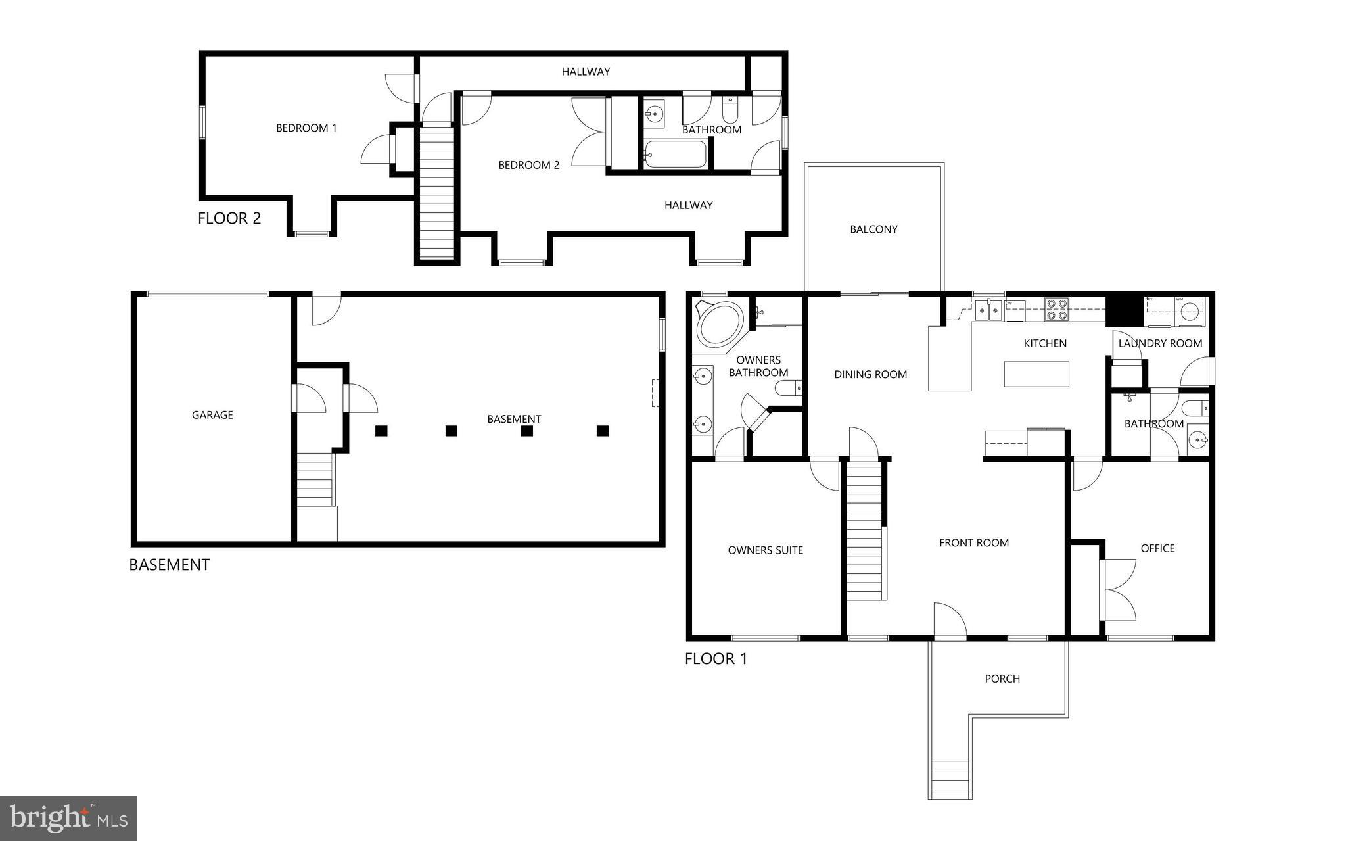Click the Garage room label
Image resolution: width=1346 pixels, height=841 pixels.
pos(212,415)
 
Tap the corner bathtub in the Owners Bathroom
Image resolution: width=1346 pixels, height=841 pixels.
pos(719,324)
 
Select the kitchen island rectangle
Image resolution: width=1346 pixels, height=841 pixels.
pos(1036,374)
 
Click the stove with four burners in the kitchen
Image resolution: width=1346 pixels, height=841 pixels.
pos(1057,309)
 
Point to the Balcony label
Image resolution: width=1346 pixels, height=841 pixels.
pos(873,229)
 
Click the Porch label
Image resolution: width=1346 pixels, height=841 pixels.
pos(1002,679)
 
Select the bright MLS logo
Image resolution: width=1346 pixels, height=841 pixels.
pos(68,819)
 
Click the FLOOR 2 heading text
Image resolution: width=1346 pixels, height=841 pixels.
pos(229,218)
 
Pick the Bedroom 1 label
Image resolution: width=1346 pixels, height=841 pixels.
pos(306,128)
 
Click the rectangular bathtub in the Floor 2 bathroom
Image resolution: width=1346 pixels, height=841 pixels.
pos(675,155)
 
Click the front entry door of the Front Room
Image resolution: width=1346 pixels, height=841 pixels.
pos(950,621)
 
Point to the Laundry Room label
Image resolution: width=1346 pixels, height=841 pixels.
pos(1160,343)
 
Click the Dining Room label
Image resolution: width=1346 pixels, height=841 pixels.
pos(870,375)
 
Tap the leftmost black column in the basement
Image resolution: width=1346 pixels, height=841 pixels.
pos(381,431)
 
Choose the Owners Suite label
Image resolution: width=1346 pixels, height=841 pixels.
pos(765,550)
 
